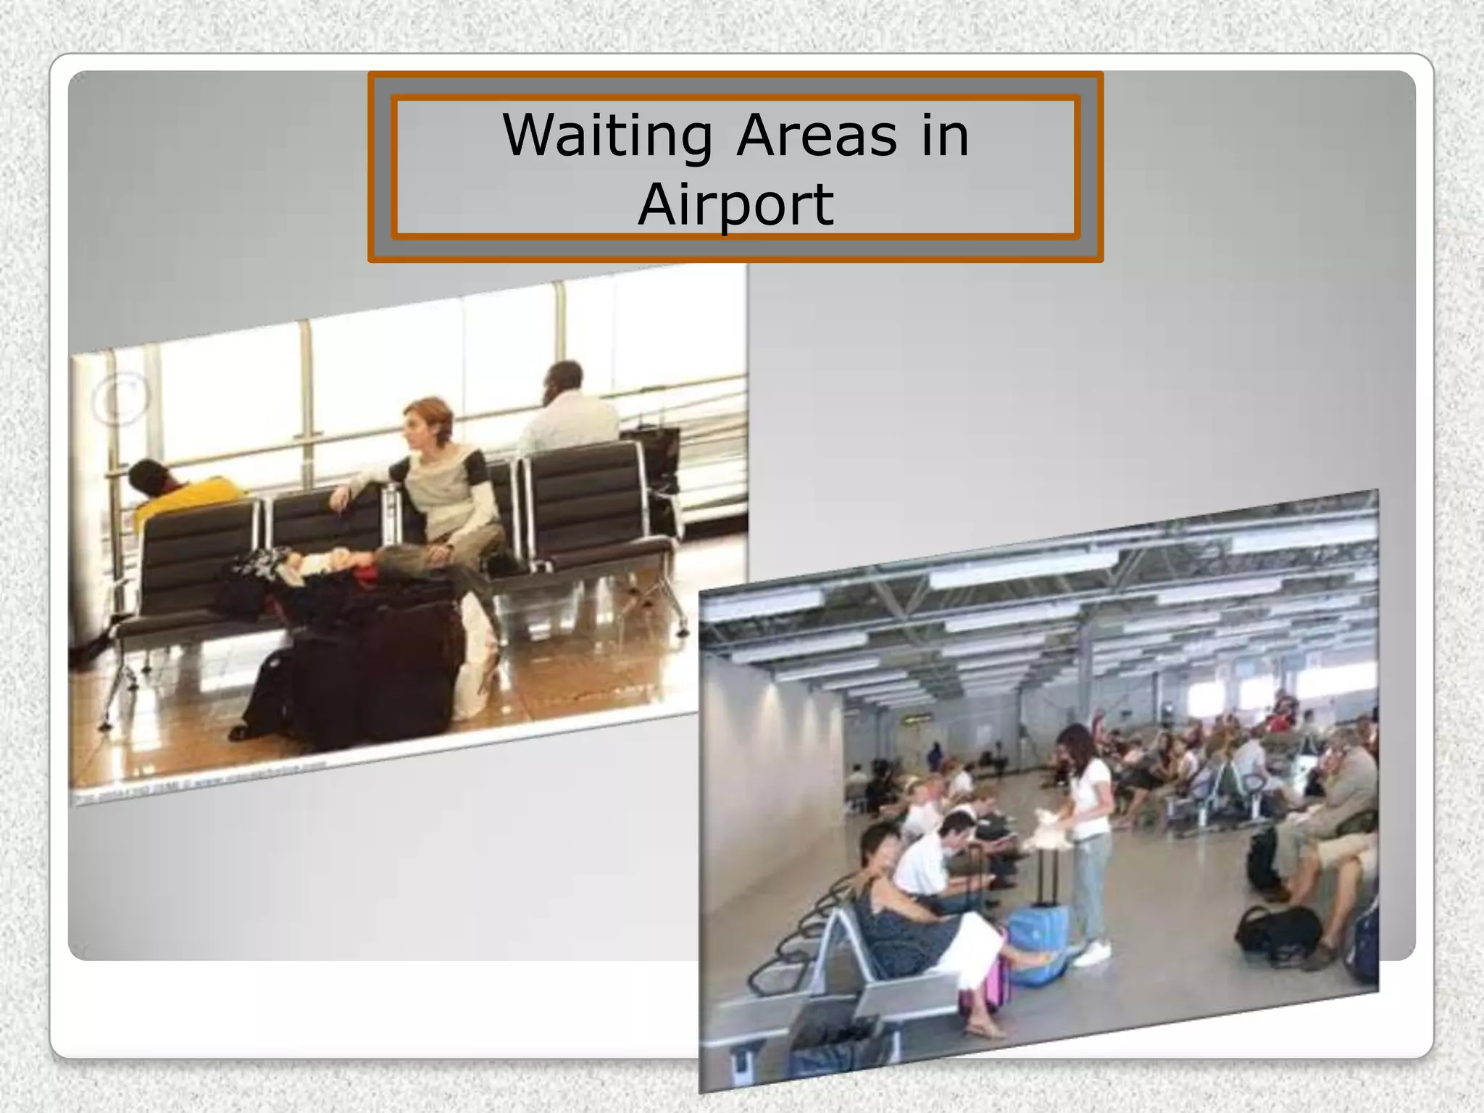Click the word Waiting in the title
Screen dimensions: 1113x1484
[x=607, y=136]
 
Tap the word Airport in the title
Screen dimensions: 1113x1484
[x=735, y=204]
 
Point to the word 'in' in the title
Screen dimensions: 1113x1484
[x=945, y=136]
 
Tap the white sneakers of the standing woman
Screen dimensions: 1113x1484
[x=1091, y=955]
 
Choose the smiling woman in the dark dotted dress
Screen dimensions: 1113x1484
[x=899, y=913]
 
